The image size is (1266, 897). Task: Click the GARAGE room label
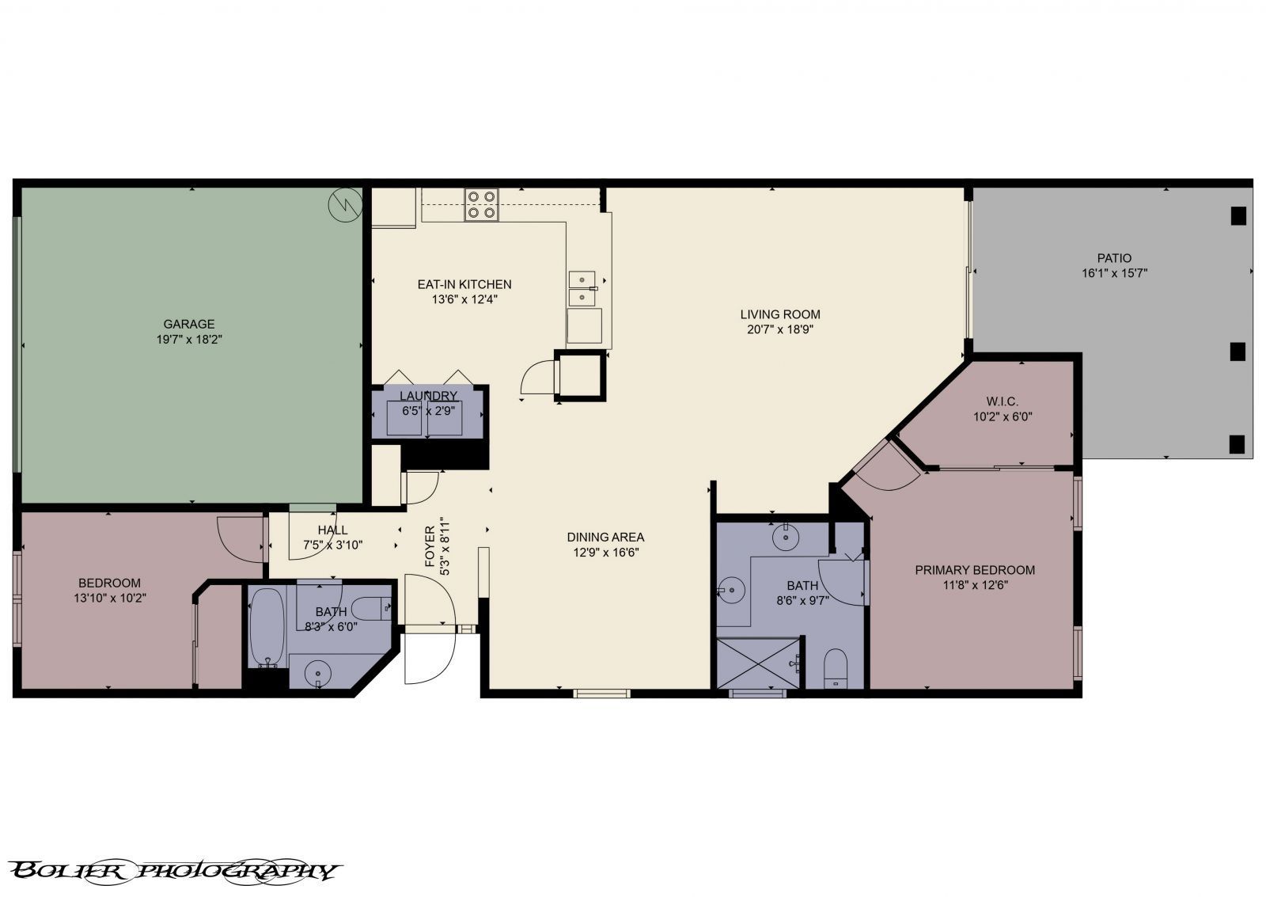point(188,324)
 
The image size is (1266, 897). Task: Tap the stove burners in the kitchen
point(481,204)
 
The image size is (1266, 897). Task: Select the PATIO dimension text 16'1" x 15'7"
point(1114,273)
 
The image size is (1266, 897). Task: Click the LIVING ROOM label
point(779,314)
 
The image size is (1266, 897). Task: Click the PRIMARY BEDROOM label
point(975,570)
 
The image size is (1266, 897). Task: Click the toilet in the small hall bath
point(370,609)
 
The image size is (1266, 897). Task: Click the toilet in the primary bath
point(835,670)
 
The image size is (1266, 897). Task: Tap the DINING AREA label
point(605,537)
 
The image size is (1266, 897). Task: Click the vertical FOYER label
point(430,547)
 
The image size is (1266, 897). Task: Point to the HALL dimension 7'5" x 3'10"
point(332,545)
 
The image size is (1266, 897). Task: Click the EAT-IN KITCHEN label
point(464,284)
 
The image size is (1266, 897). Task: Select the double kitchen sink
point(583,287)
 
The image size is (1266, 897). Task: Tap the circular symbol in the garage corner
point(345,205)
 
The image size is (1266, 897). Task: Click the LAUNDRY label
point(428,396)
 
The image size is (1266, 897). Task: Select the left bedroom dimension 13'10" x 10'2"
point(109,598)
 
